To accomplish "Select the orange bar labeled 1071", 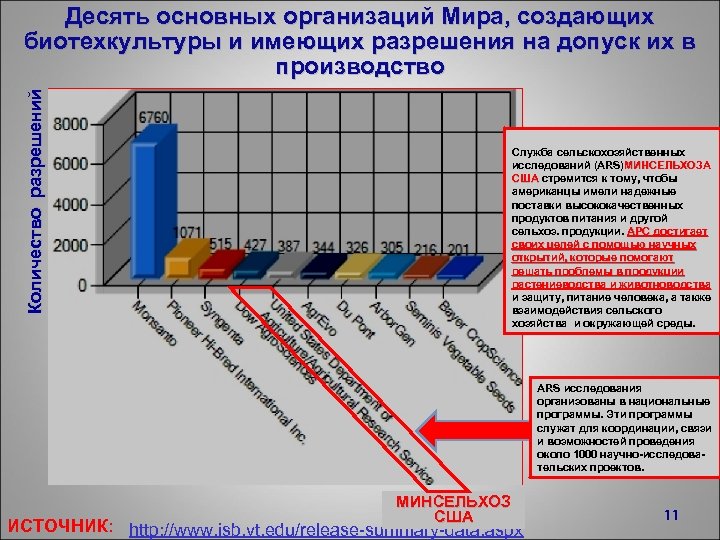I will pos(179,261).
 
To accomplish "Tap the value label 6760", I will pos(153,117).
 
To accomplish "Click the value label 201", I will pos(458,249).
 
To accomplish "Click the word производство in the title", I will pos(359,67).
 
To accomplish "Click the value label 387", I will pos(289,245).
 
